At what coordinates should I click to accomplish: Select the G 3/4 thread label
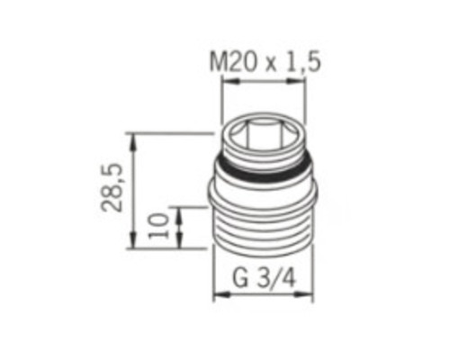[265, 279]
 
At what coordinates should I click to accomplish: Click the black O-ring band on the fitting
[265, 168]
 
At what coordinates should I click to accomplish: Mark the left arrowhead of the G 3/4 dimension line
[215, 296]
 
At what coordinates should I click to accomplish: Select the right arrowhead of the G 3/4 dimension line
[313, 296]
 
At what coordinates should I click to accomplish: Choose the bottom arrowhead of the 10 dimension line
[181, 245]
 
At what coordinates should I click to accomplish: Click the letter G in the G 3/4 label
[239, 279]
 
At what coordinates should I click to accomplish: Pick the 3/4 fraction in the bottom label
[276, 279]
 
